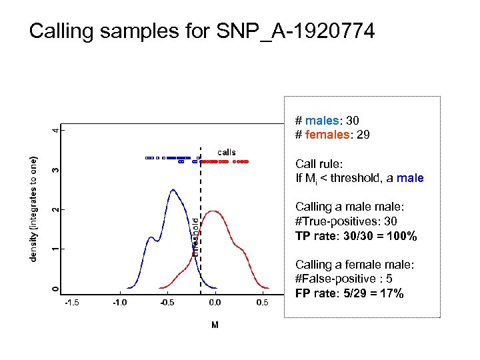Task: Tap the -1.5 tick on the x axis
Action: pyautogui.click(x=71, y=303)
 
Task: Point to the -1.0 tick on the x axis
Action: pyautogui.click(x=119, y=303)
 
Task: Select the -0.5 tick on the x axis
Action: pyautogui.click(x=167, y=303)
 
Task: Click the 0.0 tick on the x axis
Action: pyautogui.click(x=214, y=303)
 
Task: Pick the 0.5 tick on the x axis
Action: pyautogui.click(x=262, y=303)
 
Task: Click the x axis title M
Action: pyautogui.click(x=214, y=325)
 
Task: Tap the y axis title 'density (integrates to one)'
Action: pyautogui.click(x=33, y=209)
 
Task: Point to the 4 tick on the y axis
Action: pyautogui.click(x=55, y=129)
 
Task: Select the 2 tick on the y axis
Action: pyautogui.click(x=55, y=209)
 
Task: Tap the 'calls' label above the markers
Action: pyautogui.click(x=226, y=152)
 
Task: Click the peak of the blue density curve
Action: pyautogui.click(x=173, y=190)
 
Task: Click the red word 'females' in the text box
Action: pyautogui.click(x=327, y=135)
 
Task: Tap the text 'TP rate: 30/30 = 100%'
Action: pyautogui.click(x=356, y=237)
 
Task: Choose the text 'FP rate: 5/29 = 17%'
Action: pyautogui.click(x=349, y=293)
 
